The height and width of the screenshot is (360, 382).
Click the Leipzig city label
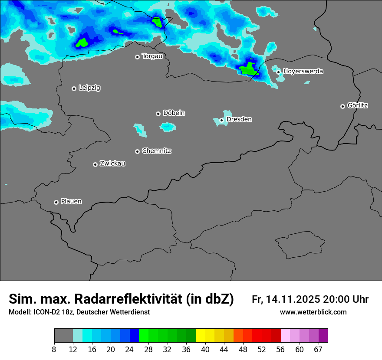tap(89, 88)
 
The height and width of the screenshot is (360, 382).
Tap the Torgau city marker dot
tap(137, 57)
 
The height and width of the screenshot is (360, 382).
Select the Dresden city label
tap(239, 119)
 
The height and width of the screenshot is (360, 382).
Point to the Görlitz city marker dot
tap(342, 106)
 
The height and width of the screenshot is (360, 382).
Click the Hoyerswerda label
tap(303, 71)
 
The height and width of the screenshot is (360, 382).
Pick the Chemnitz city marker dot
tap(137, 151)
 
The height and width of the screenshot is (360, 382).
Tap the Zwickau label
tap(112, 164)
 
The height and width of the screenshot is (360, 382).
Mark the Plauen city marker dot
tap(56, 202)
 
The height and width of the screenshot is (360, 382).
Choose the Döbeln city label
tap(174, 113)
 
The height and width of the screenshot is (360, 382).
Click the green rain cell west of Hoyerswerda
tap(249, 69)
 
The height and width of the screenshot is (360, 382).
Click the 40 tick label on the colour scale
tap(205, 350)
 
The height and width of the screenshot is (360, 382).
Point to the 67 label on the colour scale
tap(318, 350)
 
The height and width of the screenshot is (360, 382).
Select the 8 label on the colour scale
tap(54, 350)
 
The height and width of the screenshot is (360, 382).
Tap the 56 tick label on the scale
tap(281, 350)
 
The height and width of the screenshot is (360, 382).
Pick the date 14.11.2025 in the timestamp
tap(293, 299)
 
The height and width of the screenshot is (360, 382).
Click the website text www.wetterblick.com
tap(313, 312)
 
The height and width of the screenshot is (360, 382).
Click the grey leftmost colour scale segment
tap(63, 336)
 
